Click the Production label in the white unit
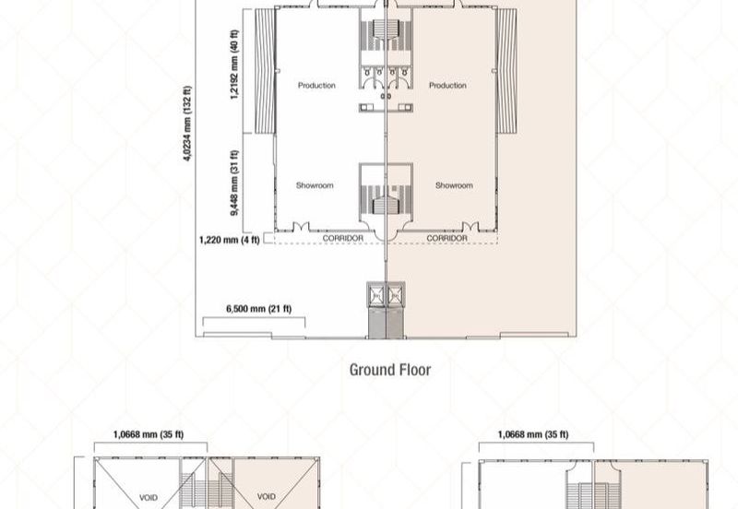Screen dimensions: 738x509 (x=316, y=85)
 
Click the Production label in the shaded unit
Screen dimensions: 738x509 (x=447, y=85)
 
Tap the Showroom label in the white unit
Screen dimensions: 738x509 (x=315, y=185)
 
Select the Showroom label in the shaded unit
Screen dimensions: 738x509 (x=454, y=185)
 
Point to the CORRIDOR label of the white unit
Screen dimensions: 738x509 (x=343, y=239)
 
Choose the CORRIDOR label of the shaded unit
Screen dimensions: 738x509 (x=447, y=239)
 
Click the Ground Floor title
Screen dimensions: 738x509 (x=390, y=370)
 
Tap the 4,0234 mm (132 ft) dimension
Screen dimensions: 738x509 (x=187, y=124)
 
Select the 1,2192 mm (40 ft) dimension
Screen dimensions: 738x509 (x=234, y=65)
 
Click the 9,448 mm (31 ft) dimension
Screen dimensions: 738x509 (x=234, y=183)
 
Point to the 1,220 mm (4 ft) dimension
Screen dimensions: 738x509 (x=229, y=240)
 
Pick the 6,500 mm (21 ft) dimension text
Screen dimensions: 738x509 (x=259, y=309)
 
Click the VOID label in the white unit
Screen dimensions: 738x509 (x=149, y=497)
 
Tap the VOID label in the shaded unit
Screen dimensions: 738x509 (x=267, y=496)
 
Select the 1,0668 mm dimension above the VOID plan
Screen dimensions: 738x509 (x=149, y=434)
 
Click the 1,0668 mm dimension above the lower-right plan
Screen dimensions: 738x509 (x=533, y=434)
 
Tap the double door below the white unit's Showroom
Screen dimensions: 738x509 (x=302, y=227)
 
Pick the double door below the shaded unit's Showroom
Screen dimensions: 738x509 (x=470, y=227)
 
